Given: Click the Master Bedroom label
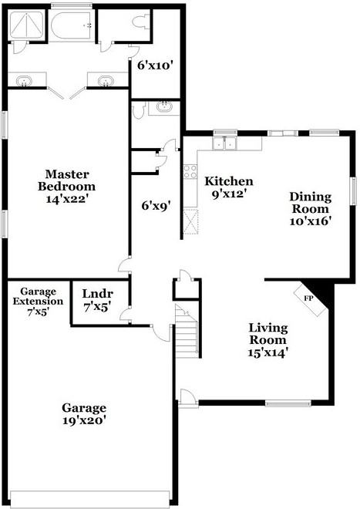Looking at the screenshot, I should click(69, 180).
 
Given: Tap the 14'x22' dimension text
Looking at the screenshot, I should click(69, 198).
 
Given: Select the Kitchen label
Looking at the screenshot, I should click(228, 181).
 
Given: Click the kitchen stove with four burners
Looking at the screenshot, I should click(189, 171).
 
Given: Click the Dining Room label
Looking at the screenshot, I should click(309, 202).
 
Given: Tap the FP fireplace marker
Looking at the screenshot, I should click(308, 298).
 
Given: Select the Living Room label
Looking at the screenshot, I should click(267, 334).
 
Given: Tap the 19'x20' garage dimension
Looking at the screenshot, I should click(84, 420).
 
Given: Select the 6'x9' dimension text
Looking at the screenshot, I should click(155, 205).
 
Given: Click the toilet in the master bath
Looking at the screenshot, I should click(141, 24).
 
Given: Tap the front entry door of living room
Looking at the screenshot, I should click(187, 398).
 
